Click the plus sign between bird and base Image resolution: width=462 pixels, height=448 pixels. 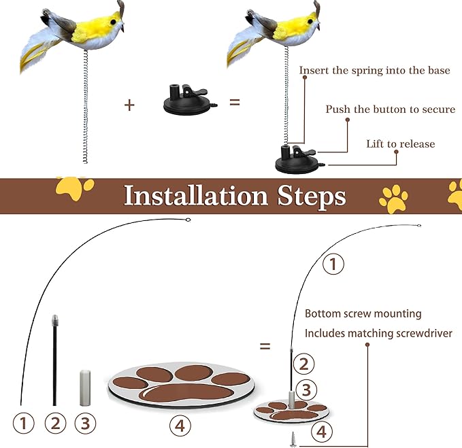[130, 104]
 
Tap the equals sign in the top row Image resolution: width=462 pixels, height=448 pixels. [235, 103]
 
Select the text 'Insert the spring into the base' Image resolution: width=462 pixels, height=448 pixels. [374, 70]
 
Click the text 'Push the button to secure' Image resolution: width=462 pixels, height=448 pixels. [390, 109]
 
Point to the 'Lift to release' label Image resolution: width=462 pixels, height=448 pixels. [400, 143]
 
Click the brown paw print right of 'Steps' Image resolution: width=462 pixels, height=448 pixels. [393, 198]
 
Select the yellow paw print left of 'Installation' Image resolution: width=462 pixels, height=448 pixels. [73, 188]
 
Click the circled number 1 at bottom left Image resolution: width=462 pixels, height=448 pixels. [24, 424]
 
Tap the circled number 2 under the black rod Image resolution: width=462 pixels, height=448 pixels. [55, 424]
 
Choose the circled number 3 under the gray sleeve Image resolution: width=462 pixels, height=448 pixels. [85, 424]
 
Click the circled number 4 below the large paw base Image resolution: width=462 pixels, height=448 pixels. [179, 426]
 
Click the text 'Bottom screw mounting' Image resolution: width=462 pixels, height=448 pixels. [363, 314]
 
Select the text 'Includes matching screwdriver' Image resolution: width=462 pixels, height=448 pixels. [378, 333]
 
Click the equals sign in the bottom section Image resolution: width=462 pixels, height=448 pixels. [265, 345]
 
